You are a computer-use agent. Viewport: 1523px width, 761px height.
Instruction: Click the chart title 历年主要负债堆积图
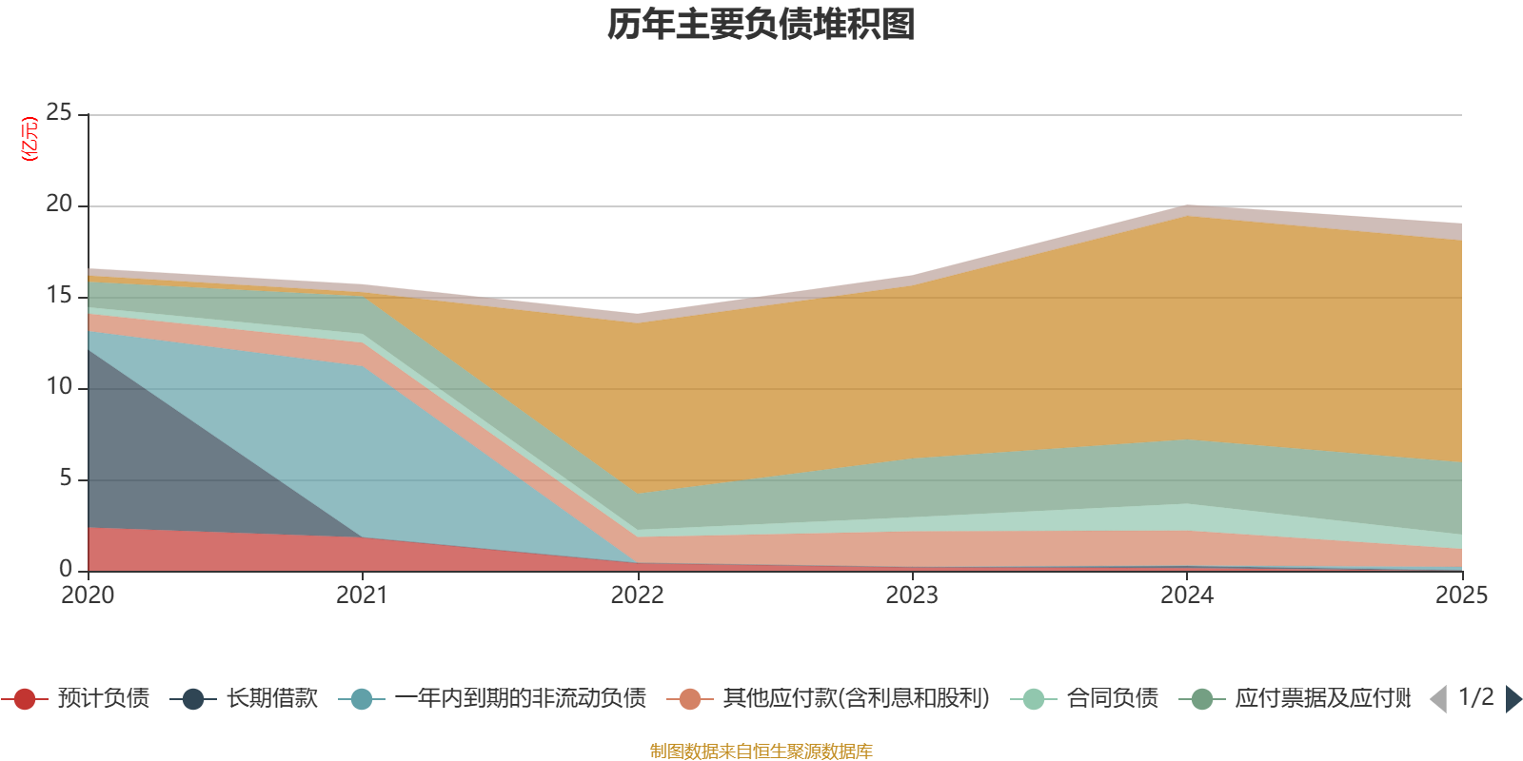click(x=761, y=25)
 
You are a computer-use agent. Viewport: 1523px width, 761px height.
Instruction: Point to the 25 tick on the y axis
click(x=59, y=112)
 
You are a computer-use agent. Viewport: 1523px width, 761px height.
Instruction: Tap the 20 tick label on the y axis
click(x=59, y=204)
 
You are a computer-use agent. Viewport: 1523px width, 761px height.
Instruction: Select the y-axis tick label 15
click(x=59, y=295)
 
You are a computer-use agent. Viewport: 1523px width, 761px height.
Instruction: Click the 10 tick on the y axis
click(x=59, y=386)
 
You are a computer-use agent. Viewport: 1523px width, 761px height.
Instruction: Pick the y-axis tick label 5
click(x=65, y=478)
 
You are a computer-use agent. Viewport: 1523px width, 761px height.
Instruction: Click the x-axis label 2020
click(x=88, y=595)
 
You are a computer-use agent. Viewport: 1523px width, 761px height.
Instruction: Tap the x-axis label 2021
click(x=362, y=595)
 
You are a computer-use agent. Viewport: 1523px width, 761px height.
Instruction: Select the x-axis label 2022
click(x=637, y=595)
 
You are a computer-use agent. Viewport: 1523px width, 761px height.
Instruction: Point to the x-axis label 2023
click(x=912, y=595)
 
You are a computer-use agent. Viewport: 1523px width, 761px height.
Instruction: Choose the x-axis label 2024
click(x=1186, y=595)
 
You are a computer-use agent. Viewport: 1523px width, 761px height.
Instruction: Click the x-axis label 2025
click(x=1460, y=595)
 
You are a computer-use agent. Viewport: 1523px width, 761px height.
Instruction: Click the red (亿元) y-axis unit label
click(x=30, y=139)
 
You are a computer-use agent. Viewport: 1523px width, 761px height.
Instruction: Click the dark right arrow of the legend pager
click(x=1513, y=699)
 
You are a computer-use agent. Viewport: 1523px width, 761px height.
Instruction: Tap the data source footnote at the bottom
click(x=761, y=751)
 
